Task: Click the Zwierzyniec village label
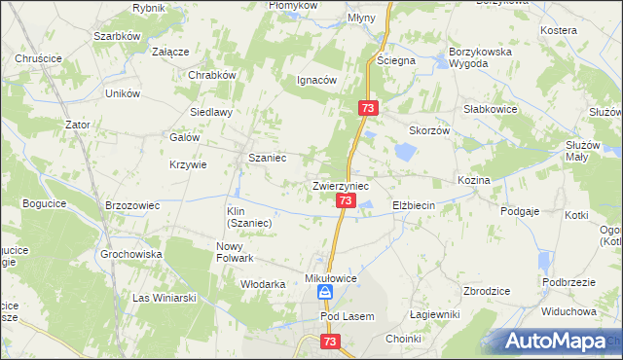tap(341, 184)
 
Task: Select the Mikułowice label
tap(332, 277)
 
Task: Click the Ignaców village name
tap(316, 80)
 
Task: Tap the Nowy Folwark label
tap(235, 252)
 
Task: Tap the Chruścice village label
tap(39, 58)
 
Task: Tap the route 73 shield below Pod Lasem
tap(331, 342)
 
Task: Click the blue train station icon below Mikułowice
tap(327, 292)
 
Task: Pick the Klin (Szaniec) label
tap(248, 216)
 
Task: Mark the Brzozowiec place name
tap(131, 205)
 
